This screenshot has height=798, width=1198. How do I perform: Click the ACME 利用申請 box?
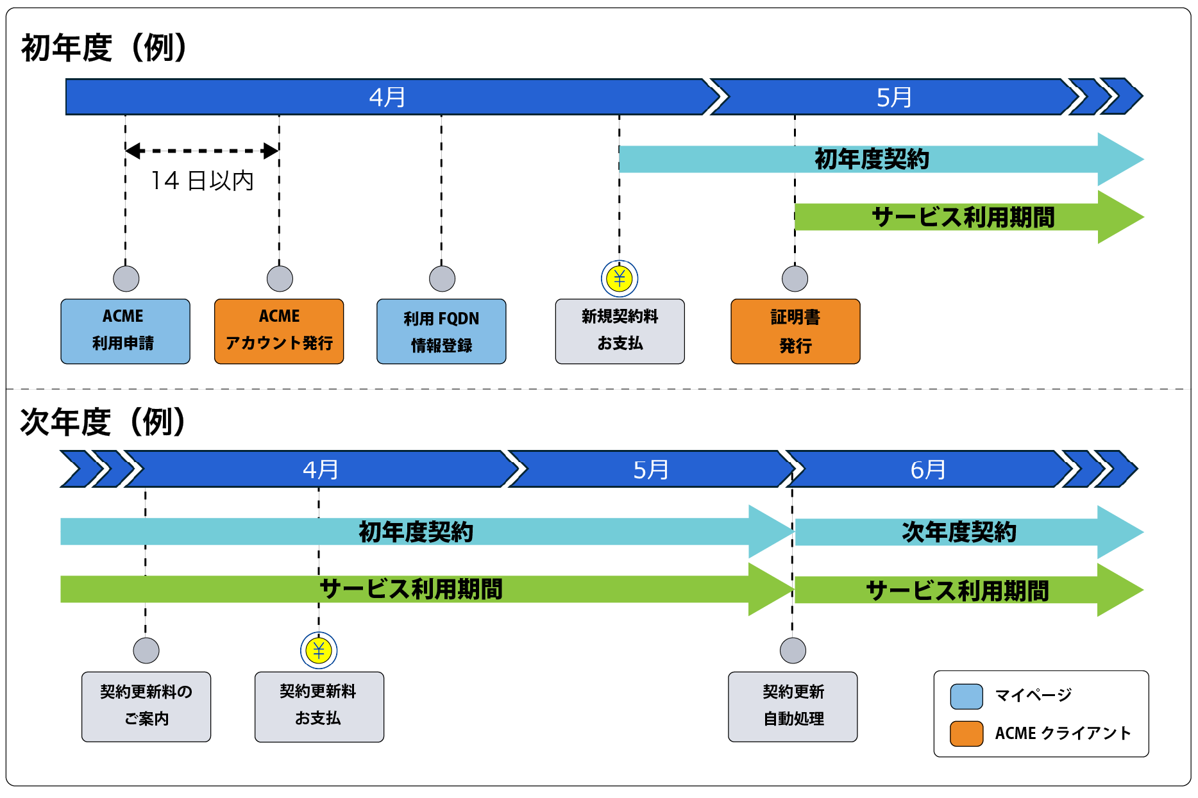(x=125, y=331)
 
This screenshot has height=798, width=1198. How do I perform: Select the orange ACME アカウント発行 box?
(x=279, y=331)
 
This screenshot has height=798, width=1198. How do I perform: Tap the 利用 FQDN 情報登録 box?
(x=441, y=331)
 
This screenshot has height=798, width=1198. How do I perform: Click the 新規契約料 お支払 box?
(x=620, y=331)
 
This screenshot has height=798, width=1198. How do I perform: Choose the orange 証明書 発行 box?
(x=795, y=331)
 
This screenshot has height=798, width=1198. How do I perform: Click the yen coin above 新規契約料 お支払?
(x=620, y=278)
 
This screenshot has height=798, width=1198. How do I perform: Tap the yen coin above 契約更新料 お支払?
(x=319, y=651)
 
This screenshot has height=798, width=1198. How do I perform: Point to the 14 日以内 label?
(x=202, y=181)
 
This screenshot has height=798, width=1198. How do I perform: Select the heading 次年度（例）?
(x=103, y=422)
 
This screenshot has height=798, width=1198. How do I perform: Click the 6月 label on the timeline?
(x=928, y=470)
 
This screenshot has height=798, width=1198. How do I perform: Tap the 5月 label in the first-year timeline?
(x=894, y=97)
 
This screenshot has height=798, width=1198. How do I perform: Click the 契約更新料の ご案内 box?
(x=146, y=706)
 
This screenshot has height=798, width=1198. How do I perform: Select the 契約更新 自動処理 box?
(x=793, y=706)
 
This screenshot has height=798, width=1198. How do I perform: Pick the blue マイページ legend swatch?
(x=966, y=696)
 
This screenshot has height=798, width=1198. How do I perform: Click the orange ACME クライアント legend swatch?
(x=966, y=733)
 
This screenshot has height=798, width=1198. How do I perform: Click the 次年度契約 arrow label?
(x=959, y=532)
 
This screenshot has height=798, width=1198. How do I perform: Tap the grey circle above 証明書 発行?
(x=795, y=278)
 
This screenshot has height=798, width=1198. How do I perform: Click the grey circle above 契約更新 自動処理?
(x=793, y=651)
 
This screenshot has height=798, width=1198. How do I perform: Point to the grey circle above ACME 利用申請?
(x=126, y=278)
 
